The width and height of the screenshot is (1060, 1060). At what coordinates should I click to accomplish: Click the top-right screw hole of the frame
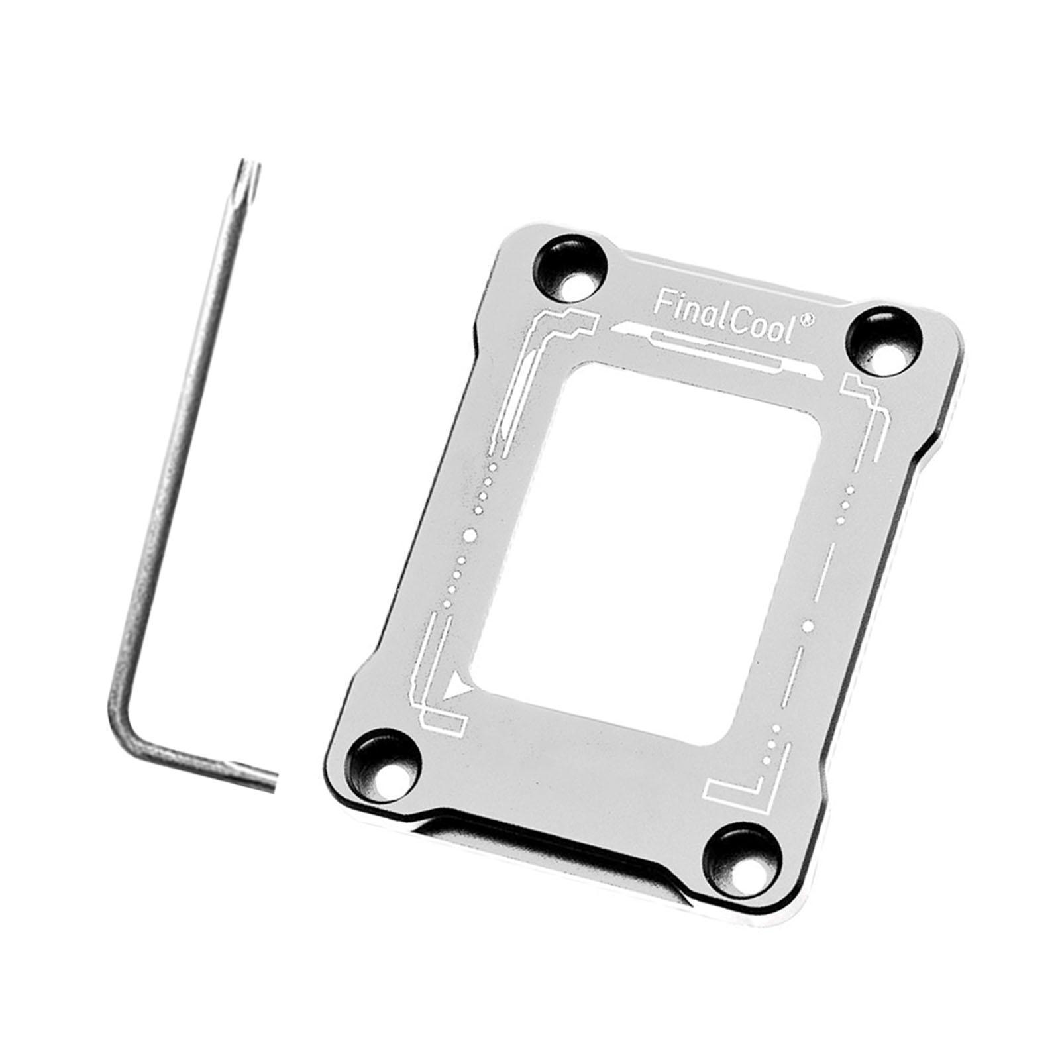coord(882,343)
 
